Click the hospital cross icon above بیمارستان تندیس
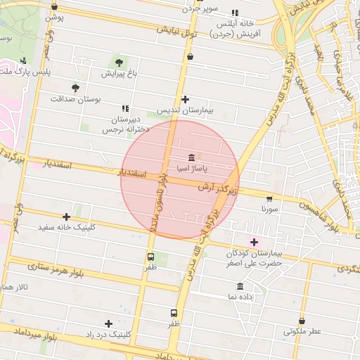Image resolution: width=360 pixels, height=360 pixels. click(x=185, y=99)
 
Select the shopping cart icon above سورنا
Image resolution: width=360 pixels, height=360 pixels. click(x=270, y=198)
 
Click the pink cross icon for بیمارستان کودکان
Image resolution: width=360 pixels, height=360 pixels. click(x=254, y=242)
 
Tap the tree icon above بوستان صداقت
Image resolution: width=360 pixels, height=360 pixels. click(x=75, y=88)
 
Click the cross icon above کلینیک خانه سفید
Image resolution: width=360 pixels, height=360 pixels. click(x=66, y=217)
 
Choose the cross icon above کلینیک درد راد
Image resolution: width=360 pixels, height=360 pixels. click(x=108, y=323)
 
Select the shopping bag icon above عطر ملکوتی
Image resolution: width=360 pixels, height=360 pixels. click(x=302, y=321)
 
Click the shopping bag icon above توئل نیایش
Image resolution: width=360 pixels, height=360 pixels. click(x=190, y=54)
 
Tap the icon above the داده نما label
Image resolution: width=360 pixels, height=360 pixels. click(x=240, y=286)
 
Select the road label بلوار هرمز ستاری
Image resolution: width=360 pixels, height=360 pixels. click(x=57, y=271)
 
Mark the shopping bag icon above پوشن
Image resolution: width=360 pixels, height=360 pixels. click(x=55, y=7)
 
